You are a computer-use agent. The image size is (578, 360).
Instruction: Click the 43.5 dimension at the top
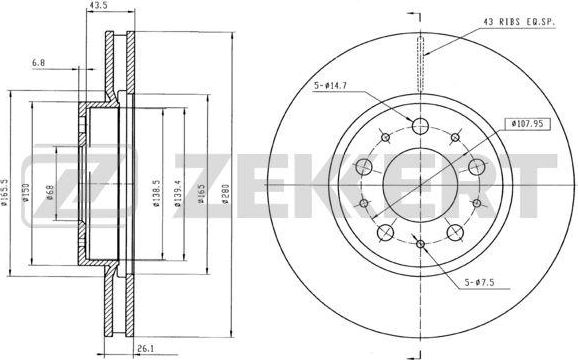point(98,6)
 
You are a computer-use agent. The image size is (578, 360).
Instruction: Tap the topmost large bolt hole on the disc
point(420,125)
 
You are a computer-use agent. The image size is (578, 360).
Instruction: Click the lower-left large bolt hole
point(385,233)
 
